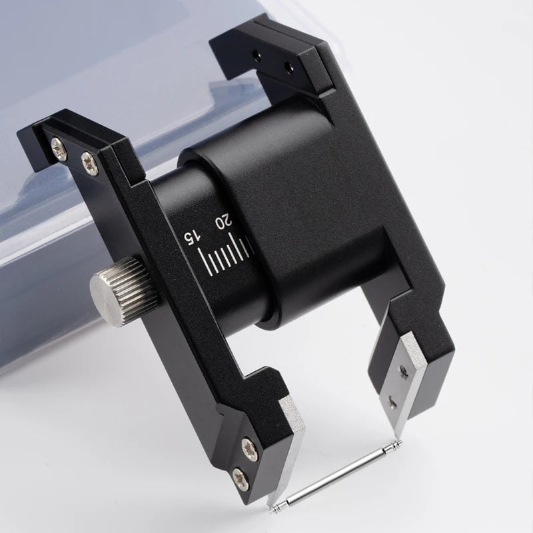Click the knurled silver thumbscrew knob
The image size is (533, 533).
coord(124,292)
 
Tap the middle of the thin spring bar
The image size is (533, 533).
coord(336,476)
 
